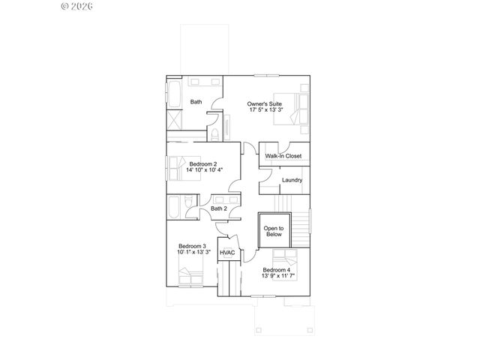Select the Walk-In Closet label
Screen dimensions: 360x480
coord(283,156)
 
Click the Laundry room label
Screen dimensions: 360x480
coord(292,180)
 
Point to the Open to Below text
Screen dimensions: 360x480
coord(273,231)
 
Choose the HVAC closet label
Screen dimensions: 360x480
coord(227,253)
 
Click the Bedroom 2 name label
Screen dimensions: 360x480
coord(202,163)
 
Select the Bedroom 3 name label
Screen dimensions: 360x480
coord(192,246)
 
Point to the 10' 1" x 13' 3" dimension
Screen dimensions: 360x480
coord(193,253)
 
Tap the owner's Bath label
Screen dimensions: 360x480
coord(196,102)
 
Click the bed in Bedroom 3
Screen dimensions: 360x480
coord(191,277)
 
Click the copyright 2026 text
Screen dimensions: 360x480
coord(76,6)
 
